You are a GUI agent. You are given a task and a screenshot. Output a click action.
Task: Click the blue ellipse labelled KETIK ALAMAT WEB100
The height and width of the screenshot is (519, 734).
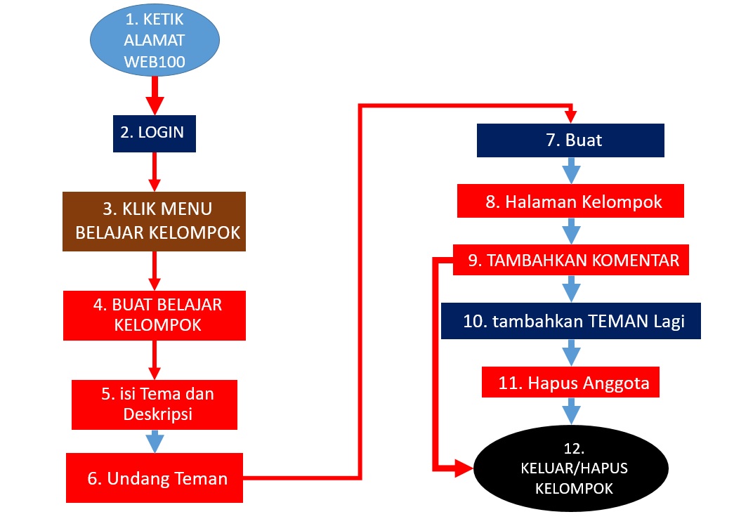click(x=155, y=40)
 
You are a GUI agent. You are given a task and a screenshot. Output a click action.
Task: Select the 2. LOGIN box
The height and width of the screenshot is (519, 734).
click(x=155, y=133)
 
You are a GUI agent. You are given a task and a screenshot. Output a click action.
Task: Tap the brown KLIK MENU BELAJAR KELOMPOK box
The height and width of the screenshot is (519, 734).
click(x=154, y=221)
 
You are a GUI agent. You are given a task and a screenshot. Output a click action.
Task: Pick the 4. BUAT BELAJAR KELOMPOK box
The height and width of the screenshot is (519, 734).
click(x=155, y=315)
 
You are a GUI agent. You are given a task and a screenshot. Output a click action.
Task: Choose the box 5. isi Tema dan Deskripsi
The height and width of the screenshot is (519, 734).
click(x=155, y=405)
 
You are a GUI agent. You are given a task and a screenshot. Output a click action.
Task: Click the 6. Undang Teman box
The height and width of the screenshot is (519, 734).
click(x=155, y=478)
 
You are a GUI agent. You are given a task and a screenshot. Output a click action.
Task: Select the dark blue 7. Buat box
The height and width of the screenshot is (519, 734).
click(x=570, y=140)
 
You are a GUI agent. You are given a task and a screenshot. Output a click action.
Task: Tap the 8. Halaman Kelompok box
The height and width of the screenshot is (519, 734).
click(x=570, y=201)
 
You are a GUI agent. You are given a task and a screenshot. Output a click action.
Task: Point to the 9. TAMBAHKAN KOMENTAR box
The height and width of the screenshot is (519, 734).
click(x=571, y=260)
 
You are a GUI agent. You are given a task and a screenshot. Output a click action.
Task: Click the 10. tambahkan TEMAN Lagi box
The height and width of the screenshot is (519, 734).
click(x=571, y=321)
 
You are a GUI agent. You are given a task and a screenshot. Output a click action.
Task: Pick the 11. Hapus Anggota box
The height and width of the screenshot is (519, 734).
click(x=570, y=382)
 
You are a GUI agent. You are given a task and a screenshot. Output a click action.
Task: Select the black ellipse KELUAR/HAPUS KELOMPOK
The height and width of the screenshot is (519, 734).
click(x=571, y=468)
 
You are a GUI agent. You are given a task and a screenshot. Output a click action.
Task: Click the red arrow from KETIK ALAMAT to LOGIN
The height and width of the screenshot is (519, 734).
click(x=155, y=96)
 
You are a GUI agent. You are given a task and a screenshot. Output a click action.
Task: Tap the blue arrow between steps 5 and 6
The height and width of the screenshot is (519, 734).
click(x=155, y=441)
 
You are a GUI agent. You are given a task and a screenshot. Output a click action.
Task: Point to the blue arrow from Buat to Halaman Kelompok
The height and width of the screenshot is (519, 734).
click(x=571, y=171)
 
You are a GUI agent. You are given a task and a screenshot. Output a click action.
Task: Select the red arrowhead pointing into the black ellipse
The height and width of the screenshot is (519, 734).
click(x=464, y=468)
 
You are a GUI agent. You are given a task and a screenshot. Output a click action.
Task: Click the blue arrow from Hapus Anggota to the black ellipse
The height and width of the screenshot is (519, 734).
click(x=571, y=412)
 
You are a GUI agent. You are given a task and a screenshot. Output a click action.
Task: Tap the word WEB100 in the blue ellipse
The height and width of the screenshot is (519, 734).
click(x=155, y=62)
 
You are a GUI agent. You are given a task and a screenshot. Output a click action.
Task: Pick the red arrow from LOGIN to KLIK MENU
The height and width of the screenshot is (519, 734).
click(x=155, y=172)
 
